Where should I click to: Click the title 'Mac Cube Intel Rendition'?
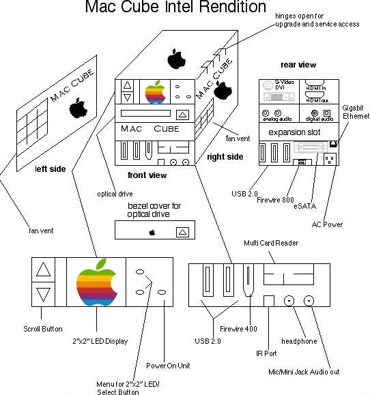175,8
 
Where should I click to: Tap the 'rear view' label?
298,65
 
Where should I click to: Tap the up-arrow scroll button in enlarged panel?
43,268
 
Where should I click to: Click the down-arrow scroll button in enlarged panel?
43,295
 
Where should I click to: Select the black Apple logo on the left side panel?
79,107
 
